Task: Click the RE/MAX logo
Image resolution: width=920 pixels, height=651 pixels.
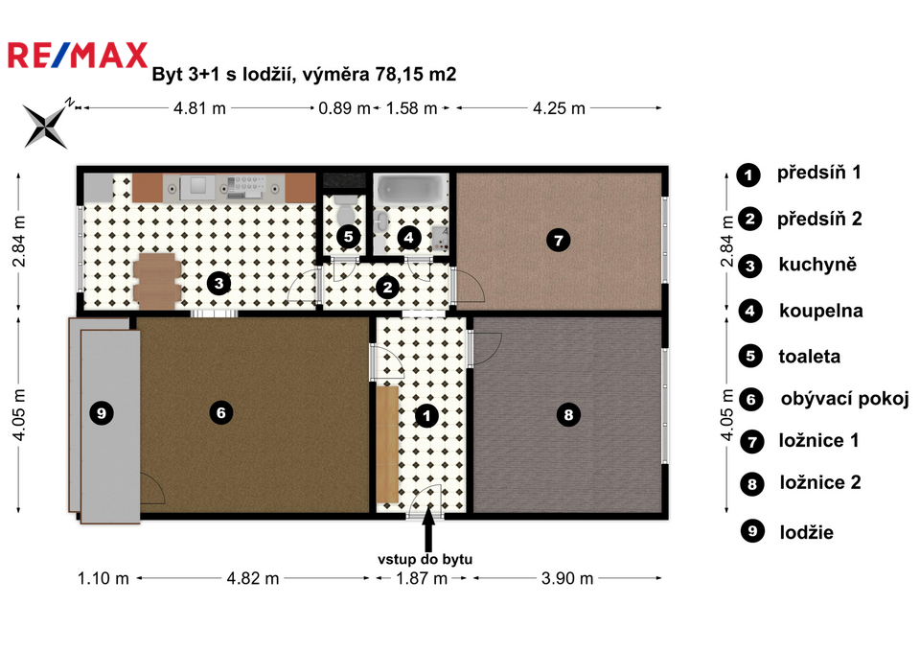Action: (77, 56)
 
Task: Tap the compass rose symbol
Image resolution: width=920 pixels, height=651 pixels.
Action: (46, 124)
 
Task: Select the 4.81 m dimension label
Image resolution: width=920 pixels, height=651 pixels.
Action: (199, 108)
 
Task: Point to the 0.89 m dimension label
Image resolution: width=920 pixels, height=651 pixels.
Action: (344, 108)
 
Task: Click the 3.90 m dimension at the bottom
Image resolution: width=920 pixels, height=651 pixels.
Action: (566, 579)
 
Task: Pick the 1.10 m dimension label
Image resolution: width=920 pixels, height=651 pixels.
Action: (103, 579)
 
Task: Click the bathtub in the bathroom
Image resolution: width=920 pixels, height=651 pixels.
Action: (411, 189)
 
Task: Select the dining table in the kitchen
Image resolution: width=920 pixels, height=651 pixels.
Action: (156, 281)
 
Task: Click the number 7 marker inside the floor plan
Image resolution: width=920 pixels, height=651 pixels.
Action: (558, 240)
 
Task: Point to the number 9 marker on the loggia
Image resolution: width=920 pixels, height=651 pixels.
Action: (102, 413)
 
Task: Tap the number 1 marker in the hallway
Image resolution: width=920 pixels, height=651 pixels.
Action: (426, 416)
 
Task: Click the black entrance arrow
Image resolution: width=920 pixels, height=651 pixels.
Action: (428, 530)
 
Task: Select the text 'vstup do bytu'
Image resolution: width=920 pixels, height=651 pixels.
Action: (425, 559)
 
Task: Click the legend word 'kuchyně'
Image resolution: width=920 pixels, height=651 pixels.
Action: (817, 265)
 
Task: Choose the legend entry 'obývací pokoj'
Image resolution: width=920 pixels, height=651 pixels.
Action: (845, 399)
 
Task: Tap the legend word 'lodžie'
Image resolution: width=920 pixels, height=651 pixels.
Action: (807, 532)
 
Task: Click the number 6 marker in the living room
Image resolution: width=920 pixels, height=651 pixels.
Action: (221, 412)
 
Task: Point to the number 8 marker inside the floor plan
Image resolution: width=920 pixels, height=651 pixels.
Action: (568, 415)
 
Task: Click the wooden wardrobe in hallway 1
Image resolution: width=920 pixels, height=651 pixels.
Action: (387, 444)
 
